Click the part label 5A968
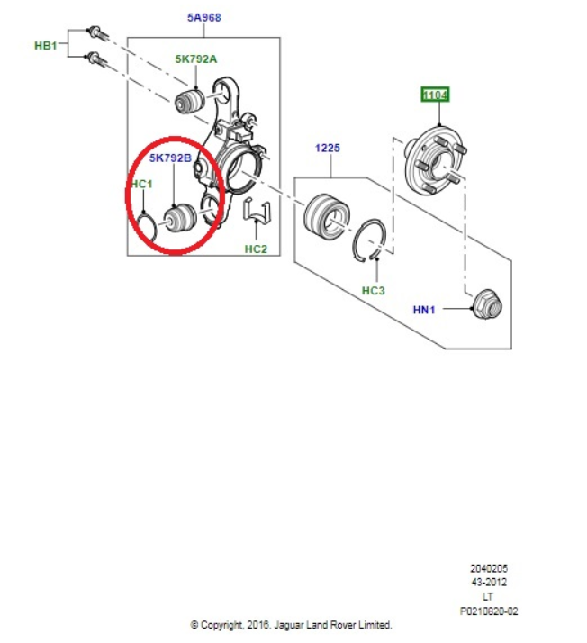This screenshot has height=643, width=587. [x=203, y=18]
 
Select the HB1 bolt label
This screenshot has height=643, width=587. [x=46, y=45]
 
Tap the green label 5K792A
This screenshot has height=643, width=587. [x=196, y=59]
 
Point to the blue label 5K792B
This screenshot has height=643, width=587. [x=170, y=158]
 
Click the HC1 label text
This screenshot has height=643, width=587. [x=142, y=184]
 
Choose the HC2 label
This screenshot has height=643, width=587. [x=256, y=249]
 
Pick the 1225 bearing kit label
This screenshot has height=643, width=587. [x=327, y=148]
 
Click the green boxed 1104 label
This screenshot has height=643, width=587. [x=435, y=95]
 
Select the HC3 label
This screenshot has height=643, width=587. [x=373, y=291]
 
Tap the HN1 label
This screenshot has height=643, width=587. [x=424, y=310]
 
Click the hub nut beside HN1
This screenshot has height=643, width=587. [x=487, y=304]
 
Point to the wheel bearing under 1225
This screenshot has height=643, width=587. [x=328, y=215]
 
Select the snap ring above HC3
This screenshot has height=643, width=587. [x=369, y=240]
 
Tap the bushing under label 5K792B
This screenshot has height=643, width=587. [x=180, y=219]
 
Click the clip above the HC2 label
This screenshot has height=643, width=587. [x=257, y=211]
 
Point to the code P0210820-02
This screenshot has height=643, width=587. [x=489, y=611]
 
